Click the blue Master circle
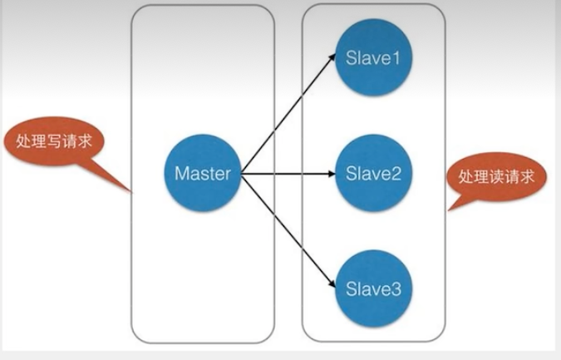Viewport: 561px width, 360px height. click(x=204, y=175)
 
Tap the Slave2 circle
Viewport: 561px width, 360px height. click(x=373, y=175)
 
